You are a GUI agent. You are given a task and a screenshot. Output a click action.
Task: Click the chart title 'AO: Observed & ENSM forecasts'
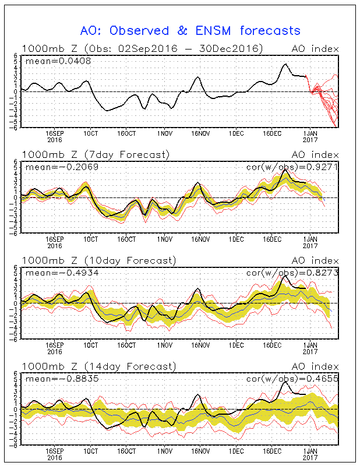pyautogui.click(x=190, y=30)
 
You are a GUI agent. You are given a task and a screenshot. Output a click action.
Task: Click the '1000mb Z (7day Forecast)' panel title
pyautogui.click(x=96, y=154)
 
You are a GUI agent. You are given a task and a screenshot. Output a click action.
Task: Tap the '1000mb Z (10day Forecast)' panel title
pyautogui.click(x=98, y=260)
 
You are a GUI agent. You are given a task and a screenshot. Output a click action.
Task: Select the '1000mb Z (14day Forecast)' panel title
pyautogui.click(x=98, y=366)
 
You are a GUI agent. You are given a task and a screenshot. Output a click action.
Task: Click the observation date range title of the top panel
pyautogui.click(x=142, y=48)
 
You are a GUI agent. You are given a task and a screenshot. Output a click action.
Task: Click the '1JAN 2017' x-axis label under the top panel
pyautogui.click(x=310, y=136)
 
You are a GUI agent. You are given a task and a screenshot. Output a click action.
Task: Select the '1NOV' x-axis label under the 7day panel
pyautogui.click(x=164, y=239)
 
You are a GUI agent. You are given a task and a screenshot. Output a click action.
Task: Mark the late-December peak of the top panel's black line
pyautogui.click(x=285, y=64)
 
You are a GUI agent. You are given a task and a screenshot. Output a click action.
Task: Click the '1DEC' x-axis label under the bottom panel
pyautogui.click(x=236, y=451)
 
